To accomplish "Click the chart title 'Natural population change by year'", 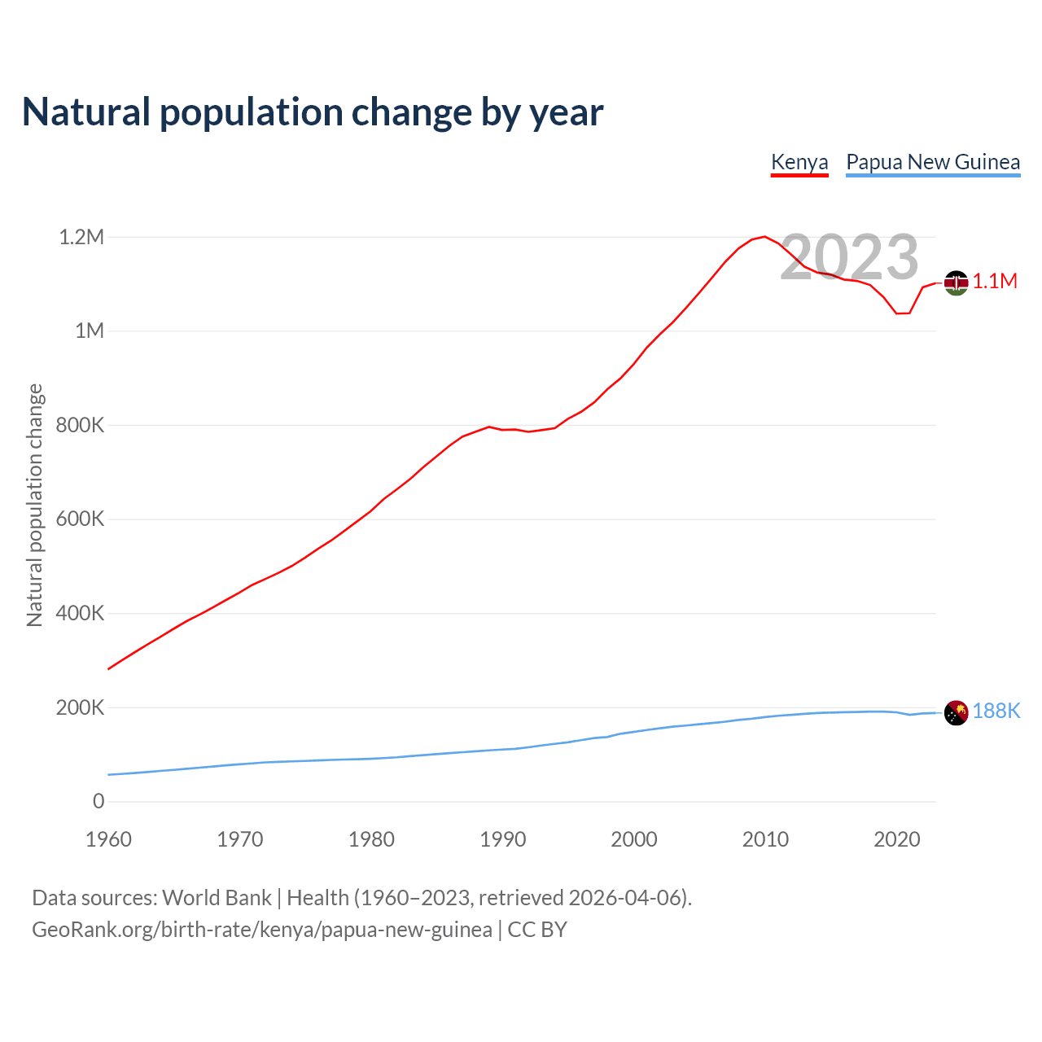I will coord(313,112).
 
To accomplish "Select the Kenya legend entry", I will coord(799,162).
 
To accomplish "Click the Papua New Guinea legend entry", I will coord(933,162).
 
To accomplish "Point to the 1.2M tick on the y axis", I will coord(81,237).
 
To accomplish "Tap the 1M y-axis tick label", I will coord(90,331).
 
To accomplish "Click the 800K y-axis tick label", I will coord(80,425).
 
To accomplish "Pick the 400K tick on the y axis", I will coord(80,613).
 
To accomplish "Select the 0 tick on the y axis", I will coord(99,801).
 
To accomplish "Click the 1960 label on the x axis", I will coord(108,839).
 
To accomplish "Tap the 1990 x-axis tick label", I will coord(503,839).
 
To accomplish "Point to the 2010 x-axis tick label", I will coord(765,839).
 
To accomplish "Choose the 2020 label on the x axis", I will coord(896,839).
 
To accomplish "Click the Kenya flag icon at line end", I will coord(956,282).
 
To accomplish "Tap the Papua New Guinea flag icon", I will coord(956,712).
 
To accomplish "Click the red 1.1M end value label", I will coord(995,282).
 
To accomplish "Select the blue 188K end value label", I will coord(996,711).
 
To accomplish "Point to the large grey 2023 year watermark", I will coord(849,257).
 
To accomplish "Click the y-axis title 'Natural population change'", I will coord(35,506).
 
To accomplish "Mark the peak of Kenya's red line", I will coord(764,237).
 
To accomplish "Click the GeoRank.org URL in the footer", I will coord(262,930).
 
